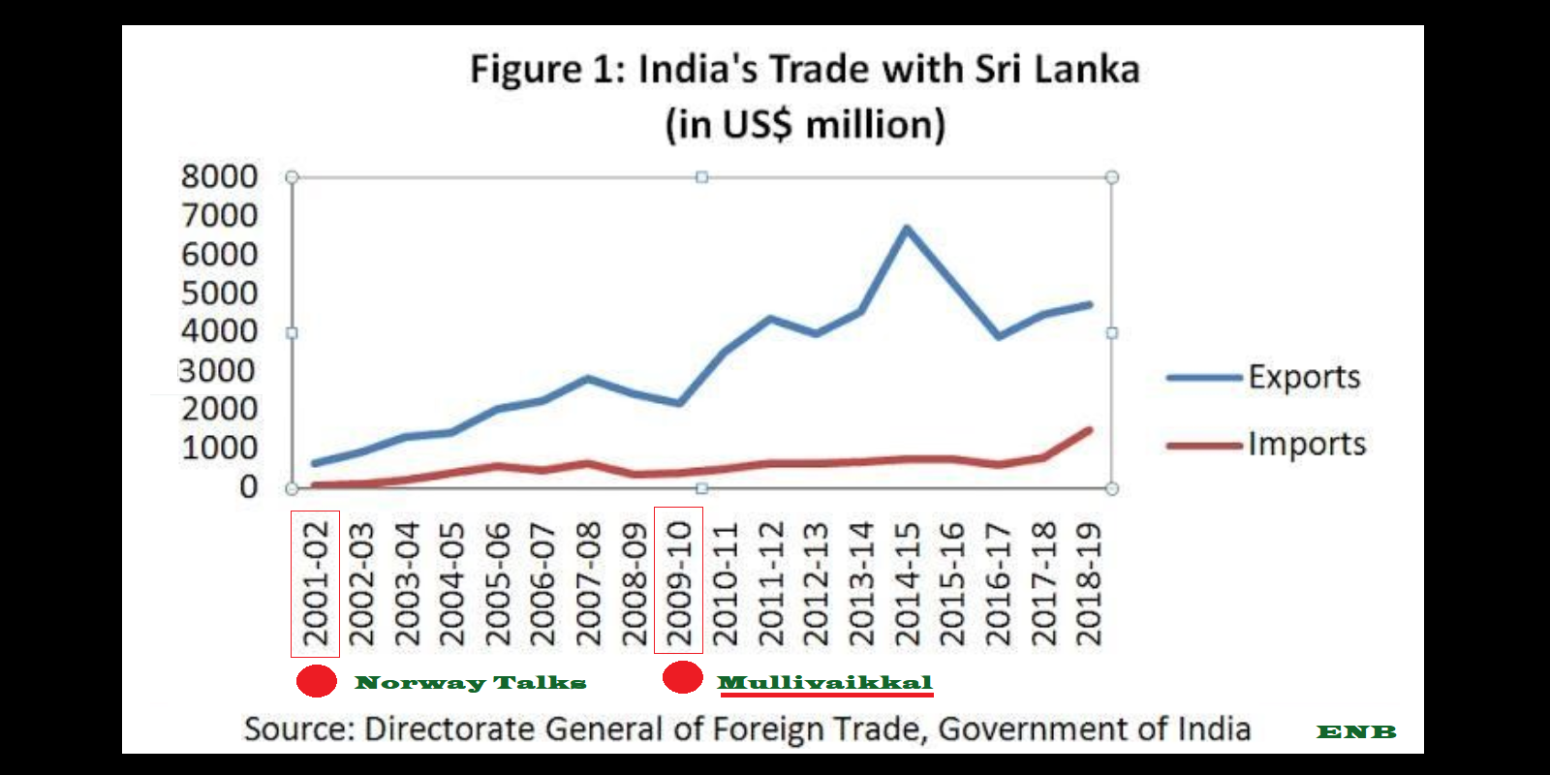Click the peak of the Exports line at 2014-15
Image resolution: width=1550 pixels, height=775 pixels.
(906, 229)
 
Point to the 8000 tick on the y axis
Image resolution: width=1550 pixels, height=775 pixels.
(220, 177)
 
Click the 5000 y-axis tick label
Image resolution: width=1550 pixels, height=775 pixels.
(220, 294)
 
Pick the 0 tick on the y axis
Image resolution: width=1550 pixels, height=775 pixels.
(249, 487)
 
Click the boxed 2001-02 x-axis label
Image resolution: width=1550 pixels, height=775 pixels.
(316, 583)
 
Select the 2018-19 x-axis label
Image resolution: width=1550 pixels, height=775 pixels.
(1089, 583)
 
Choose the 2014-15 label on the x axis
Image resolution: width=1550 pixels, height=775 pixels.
(907, 583)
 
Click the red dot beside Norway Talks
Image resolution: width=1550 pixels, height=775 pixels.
(317, 681)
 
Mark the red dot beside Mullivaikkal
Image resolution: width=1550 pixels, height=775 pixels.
(682, 678)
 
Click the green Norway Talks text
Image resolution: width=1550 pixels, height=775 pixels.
(471, 683)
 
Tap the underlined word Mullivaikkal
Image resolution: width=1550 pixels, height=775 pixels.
(824, 683)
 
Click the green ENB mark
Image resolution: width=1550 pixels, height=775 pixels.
(1356, 732)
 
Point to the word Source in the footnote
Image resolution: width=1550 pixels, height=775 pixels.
(298, 729)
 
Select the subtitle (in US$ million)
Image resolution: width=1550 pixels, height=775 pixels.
(805, 125)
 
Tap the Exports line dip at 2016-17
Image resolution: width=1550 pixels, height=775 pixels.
(998, 336)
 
